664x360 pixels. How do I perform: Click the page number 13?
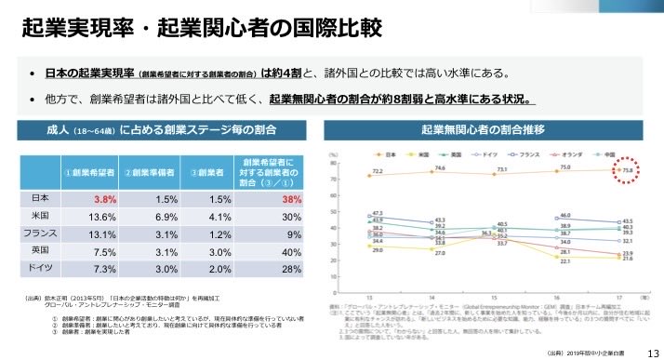pyautogui.click(x=652, y=351)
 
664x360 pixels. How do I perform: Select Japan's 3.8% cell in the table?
pyautogui.click(x=103, y=198)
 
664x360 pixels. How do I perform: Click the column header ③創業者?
pyautogui.click(x=206, y=172)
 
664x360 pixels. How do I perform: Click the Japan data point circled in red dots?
pyautogui.click(x=626, y=170)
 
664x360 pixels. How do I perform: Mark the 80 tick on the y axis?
pyautogui.click(x=333, y=162)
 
